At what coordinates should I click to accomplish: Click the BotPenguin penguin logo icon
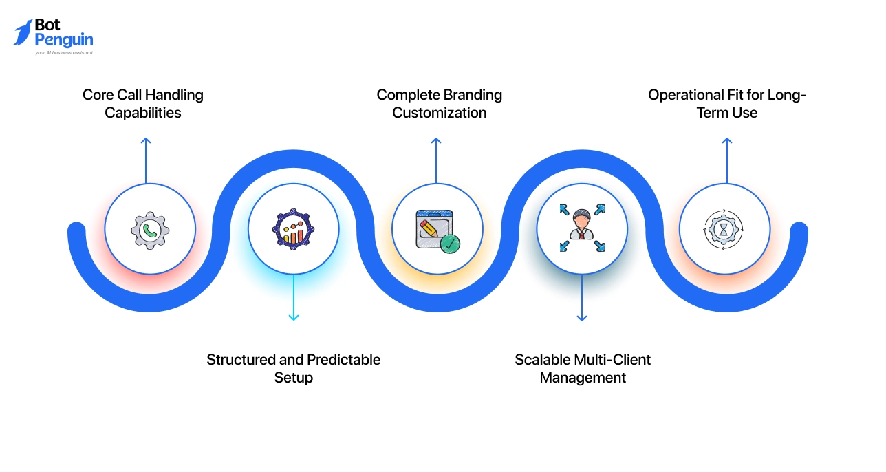coord(23,32)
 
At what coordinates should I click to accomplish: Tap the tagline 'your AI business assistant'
coord(64,52)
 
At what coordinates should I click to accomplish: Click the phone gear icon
coord(150,230)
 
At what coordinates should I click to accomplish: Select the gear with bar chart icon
coord(293,229)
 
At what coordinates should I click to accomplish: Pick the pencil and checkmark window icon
coord(437,230)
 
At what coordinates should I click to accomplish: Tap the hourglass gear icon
coord(724,229)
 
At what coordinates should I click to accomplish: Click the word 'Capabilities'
coord(143,113)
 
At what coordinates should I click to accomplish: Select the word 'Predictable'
coord(343,360)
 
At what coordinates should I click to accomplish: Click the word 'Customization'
coord(439,113)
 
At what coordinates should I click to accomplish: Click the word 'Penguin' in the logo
coord(63,40)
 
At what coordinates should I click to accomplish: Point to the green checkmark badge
coord(450,243)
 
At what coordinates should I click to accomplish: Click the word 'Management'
coord(583,378)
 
